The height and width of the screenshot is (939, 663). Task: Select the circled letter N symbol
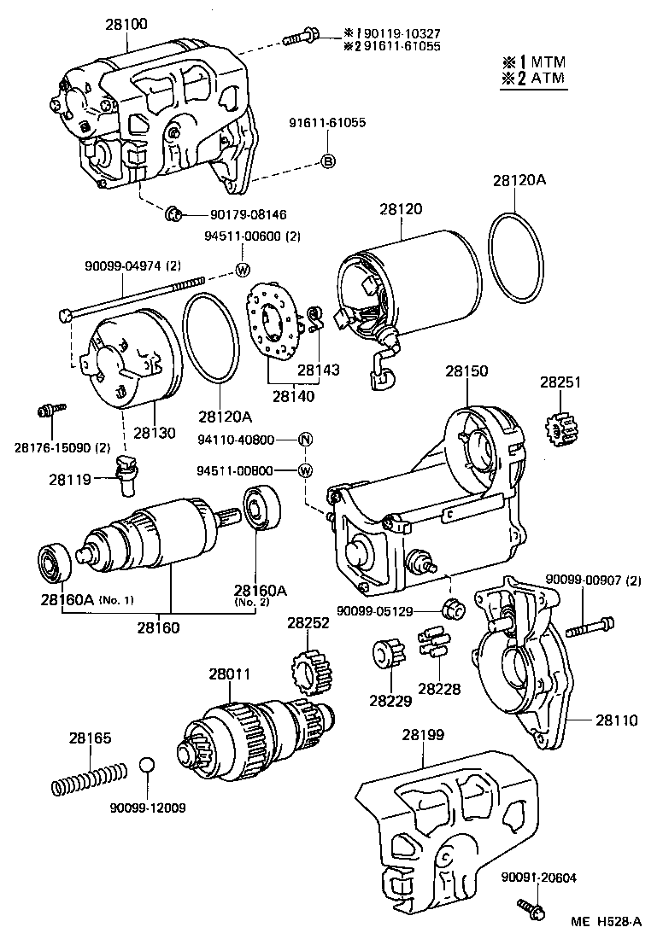(x=306, y=440)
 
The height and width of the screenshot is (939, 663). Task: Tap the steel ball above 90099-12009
(x=148, y=765)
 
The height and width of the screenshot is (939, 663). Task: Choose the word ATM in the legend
(x=546, y=79)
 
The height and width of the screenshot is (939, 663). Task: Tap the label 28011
(x=230, y=674)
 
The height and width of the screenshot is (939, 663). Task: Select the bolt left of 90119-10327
(x=298, y=37)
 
